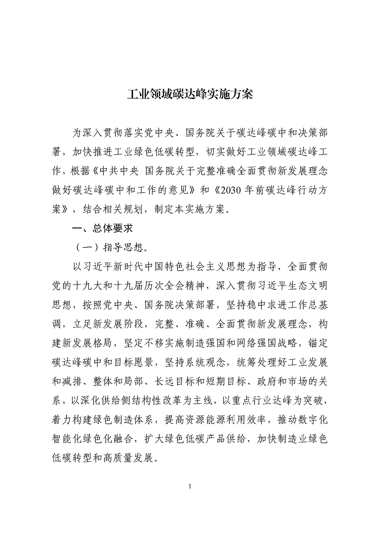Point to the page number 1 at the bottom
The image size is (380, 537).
click(x=190, y=486)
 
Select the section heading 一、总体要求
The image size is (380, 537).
click(x=102, y=229)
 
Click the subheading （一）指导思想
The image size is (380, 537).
click(x=110, y=248)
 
